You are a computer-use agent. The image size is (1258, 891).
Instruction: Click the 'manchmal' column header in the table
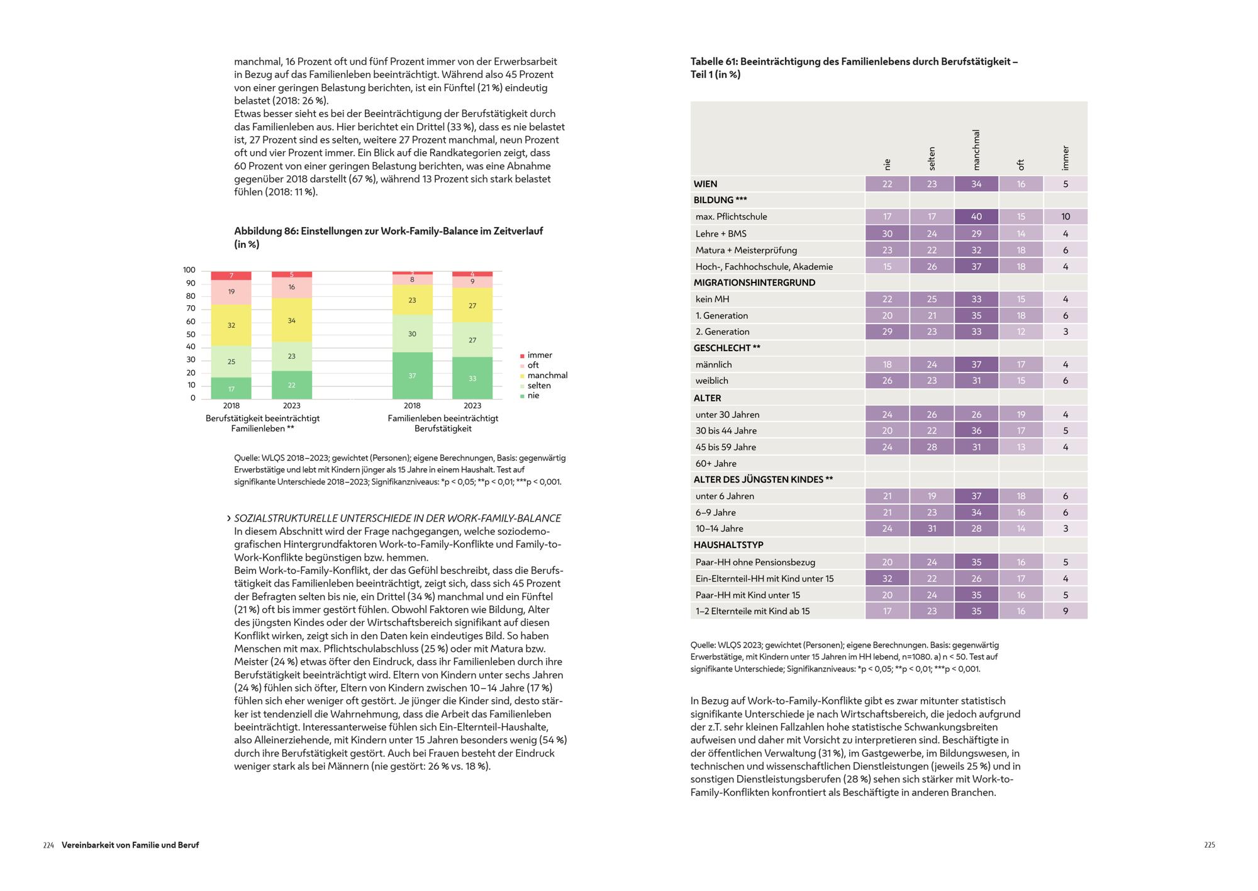click(976, 150)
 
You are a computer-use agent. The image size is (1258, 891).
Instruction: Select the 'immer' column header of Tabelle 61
click(1065, 158)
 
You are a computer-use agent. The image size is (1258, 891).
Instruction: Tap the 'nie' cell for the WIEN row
click(887, 184)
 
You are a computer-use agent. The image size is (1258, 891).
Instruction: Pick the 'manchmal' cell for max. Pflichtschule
click(976, 216)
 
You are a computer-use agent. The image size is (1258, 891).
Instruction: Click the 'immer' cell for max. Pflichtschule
click(1066, 216)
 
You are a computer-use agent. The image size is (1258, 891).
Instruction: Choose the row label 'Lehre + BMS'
click(721, 233)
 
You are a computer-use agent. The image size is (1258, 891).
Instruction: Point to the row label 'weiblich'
click(712, 381)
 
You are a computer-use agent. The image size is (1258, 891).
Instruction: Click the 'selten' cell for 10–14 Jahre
click(932, 529)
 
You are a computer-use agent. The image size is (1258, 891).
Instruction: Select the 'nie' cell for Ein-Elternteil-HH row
click(887, 578)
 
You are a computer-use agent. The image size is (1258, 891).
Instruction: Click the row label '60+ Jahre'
click(716, 464)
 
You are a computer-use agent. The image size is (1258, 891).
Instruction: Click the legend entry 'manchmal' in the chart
click(547, 376)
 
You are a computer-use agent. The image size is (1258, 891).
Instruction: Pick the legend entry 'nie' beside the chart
click(533, 396)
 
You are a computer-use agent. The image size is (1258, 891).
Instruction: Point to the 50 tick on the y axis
click(191, 334)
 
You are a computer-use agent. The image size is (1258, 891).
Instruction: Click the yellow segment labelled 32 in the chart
click(231, 325)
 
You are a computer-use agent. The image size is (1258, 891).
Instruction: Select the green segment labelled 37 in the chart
click(412, 376)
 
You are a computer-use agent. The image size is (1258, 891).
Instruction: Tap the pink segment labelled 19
click(231, 292)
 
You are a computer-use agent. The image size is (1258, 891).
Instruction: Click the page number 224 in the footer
click(48, 845)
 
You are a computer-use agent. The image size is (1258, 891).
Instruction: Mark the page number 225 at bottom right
click(1209, 845)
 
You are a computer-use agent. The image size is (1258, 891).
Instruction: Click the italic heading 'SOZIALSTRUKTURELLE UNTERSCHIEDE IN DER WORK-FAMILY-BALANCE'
click(398, 518)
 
